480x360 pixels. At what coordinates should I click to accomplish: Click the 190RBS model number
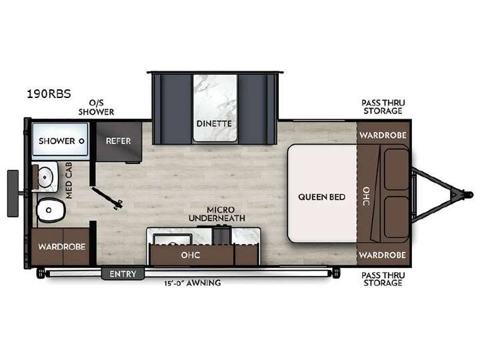point(49,94)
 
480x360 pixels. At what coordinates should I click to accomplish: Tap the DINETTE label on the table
point(214,123)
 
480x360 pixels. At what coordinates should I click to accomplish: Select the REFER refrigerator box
point(119,141)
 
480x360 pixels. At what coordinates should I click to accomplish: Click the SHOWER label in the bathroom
point(57,141)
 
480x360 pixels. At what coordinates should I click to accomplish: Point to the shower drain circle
point(81,141)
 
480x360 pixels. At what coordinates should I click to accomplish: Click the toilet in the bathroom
point(51,210)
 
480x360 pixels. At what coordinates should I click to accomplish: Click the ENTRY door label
point(123,274)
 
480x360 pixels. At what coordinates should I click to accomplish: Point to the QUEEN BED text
point(322,197)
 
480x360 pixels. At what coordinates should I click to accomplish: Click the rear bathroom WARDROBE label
point(62,247)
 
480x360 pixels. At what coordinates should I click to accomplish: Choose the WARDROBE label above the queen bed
point(383,135)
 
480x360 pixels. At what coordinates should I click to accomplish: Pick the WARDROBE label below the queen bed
point(383,255)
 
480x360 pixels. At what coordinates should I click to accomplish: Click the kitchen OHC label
point(191,255)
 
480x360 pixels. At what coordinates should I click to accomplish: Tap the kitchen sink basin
point(173,239)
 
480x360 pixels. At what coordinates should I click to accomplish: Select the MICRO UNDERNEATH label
point(217,214)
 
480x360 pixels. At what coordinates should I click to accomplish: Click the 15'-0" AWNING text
point(192,283)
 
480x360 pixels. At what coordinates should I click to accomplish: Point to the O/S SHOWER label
point(96,107)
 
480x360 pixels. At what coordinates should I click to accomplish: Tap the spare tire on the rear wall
point(13,193)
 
